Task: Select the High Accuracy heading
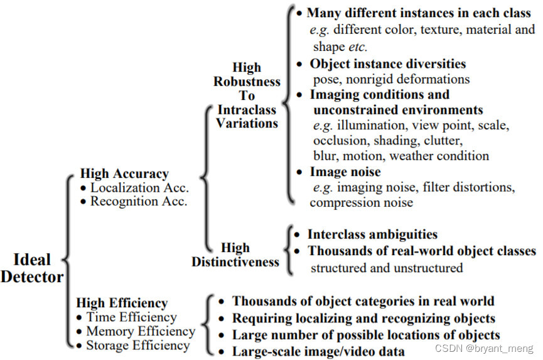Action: click(124, 174)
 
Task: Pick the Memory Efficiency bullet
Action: click(140, 331)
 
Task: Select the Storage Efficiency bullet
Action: click(137, 345)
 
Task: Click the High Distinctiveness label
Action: click(235, 254)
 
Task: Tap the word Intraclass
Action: click(246, 109)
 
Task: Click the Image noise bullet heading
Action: click(345, 172)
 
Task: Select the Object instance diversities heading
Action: click(387, 63)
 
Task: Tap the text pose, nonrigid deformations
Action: click(391, 79)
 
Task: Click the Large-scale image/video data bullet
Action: click(318, 351)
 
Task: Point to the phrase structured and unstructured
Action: click(387, 268)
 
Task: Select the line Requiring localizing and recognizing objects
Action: click(363, 318)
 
